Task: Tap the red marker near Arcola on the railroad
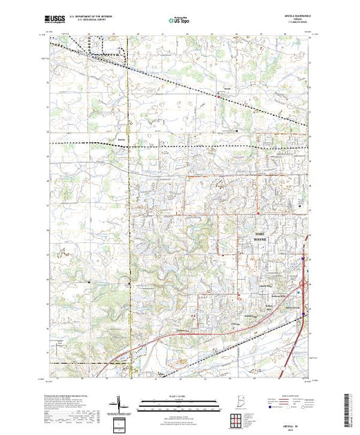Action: coord(220,96)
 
